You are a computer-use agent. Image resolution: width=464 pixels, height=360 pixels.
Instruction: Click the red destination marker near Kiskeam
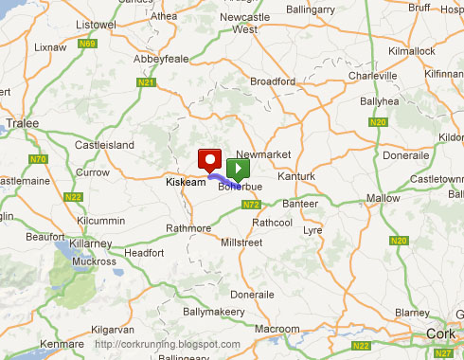click(x=208, y=160)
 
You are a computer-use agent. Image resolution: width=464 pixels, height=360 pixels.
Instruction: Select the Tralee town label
click(x=23, y=123)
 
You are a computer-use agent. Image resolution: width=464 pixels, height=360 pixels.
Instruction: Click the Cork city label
click(x=440, y=333)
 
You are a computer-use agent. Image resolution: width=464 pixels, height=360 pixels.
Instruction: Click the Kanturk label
click(x=296, y=177)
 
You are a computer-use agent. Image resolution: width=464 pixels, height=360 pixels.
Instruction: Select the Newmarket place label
click(x=261, y=153)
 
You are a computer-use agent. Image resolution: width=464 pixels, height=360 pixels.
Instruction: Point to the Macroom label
click(x=275, y=328)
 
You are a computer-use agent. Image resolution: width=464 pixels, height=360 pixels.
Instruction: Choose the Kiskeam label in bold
click(x=186, y=181)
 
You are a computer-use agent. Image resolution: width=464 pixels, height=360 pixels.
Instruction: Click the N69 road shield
click(x=90, y=43)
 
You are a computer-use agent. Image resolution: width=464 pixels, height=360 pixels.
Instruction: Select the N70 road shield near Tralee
click(x=39, y=159)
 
